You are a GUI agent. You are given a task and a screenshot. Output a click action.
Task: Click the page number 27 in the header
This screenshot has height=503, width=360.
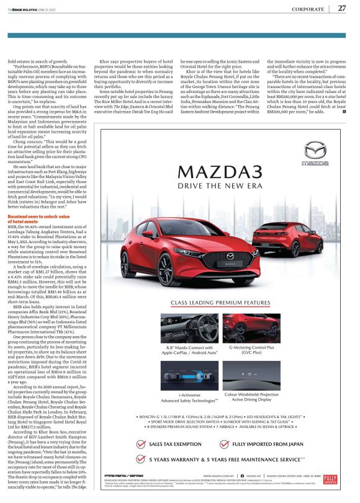[x=342, y=9]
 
